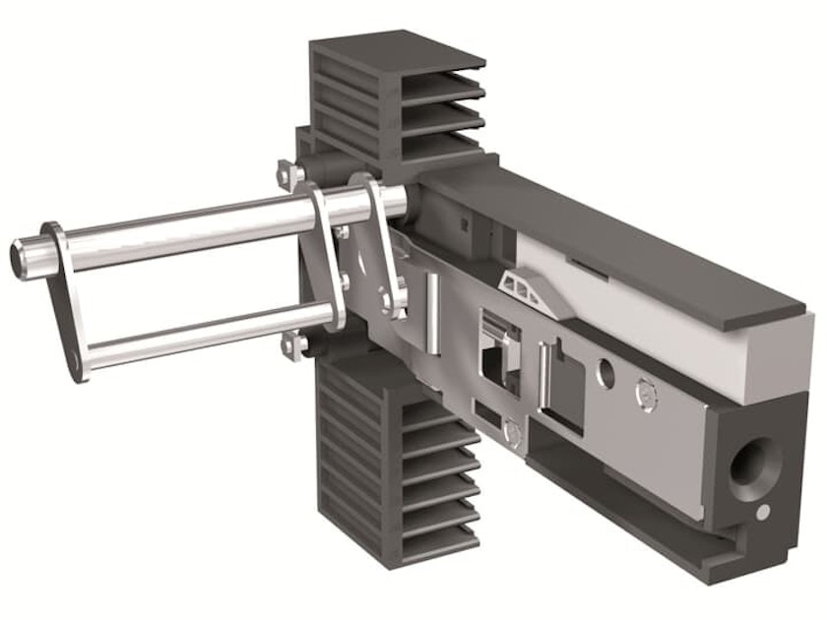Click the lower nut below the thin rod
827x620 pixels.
tap(290, 345)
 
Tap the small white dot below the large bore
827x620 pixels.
tap(763, 512)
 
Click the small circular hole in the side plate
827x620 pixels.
tap(606, 374)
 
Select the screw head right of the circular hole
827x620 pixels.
tap(645, 393)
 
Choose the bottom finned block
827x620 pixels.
tap(394, 463)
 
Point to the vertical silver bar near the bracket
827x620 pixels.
tap(431, 310)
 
